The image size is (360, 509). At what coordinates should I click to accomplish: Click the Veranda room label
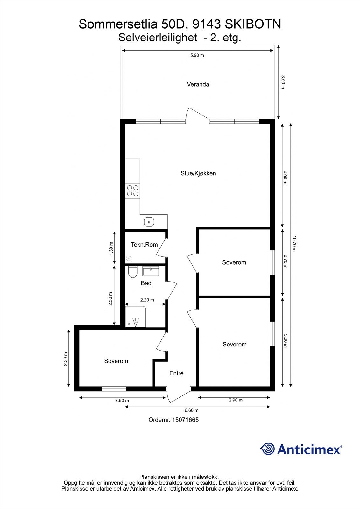tap(198, 84)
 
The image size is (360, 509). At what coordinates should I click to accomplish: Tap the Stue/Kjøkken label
tap(198, 173)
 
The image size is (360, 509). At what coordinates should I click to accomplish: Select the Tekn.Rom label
tap(144, 245)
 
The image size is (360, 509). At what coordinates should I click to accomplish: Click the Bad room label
tap(146, 283)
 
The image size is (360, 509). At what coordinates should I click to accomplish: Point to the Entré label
tap(176, 373)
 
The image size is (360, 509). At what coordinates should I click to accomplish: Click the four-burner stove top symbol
tap(133, 191)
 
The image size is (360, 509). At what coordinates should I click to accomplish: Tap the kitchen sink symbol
tap(149, 221)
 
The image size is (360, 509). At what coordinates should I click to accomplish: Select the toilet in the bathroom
tap(132, 272)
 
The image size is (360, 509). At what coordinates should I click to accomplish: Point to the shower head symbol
tap(136, 323)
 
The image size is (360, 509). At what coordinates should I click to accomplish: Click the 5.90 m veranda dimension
tap(197, 55)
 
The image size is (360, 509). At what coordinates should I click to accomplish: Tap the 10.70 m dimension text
tap(294, 243)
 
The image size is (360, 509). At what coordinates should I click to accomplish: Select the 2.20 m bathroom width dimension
tap(147, 300)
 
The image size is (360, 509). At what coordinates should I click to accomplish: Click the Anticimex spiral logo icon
tap(267, 449)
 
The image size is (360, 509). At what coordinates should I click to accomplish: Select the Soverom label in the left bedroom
tap(116, 361)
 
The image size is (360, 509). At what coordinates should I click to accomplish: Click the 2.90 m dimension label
tap(236, 400)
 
